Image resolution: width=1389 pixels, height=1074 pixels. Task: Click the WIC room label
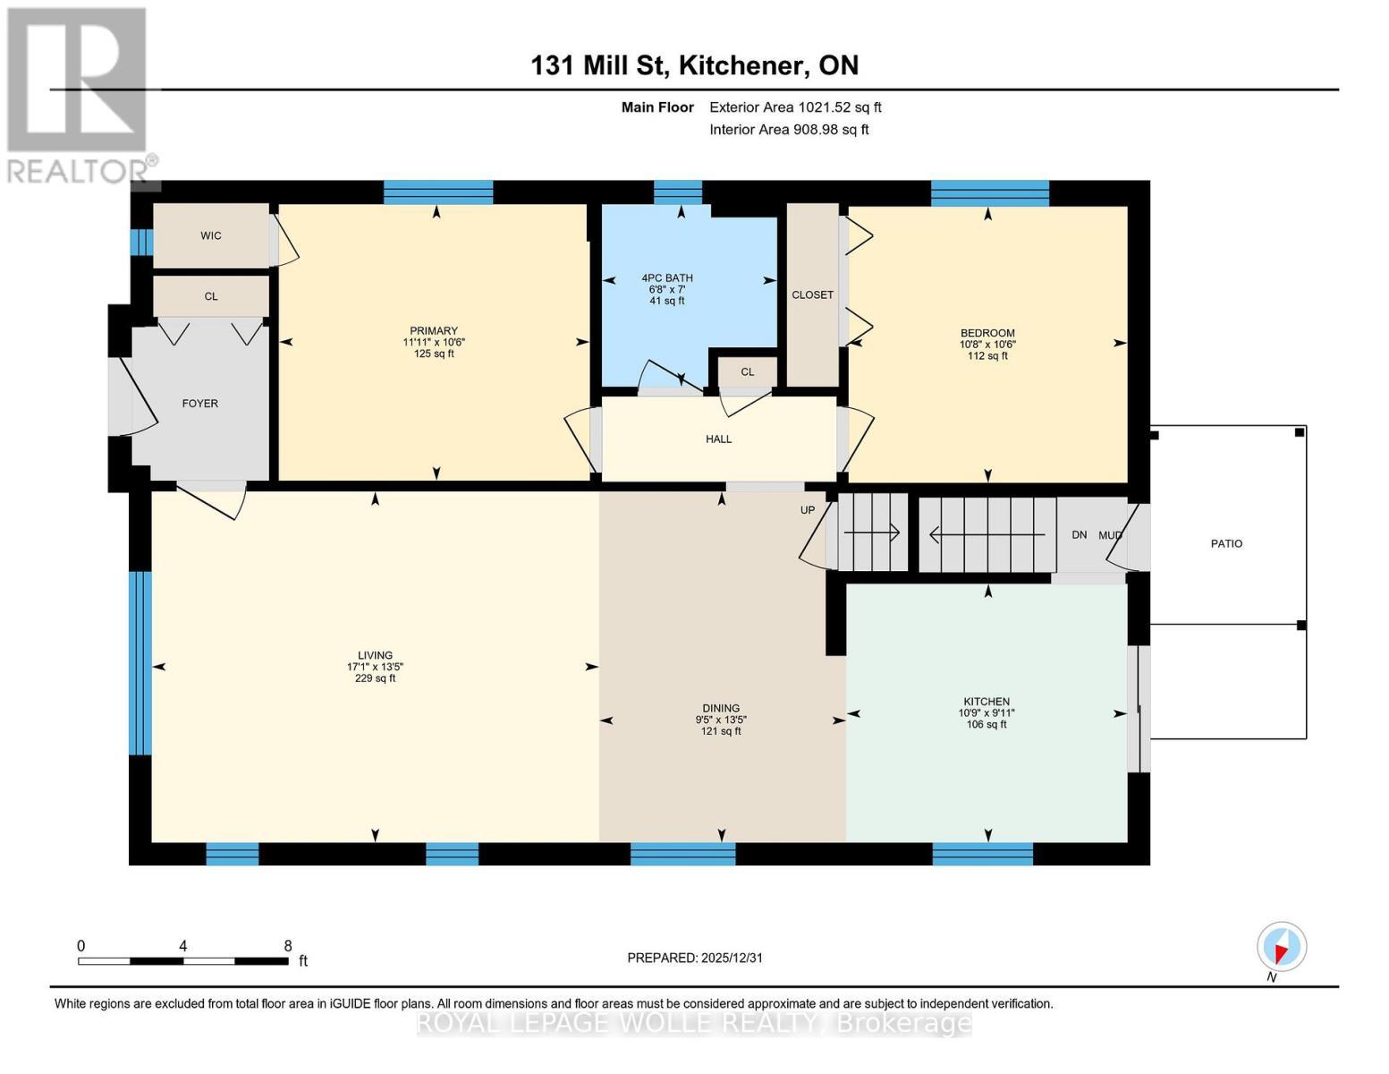(210, 235)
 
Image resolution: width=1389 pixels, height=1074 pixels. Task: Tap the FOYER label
(200, 403)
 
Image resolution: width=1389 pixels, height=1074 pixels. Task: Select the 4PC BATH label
(666, 277)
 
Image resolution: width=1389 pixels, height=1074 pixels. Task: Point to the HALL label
(718, 439)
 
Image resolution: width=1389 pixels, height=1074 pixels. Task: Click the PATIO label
(1226, 544)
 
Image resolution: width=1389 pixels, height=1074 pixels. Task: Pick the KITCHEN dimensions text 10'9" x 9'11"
(987, 712)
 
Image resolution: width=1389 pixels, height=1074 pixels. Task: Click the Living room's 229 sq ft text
(376, 678)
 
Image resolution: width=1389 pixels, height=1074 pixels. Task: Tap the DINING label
(721, 708)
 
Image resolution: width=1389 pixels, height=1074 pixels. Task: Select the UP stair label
(808, 510)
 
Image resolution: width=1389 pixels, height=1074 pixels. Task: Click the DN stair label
(1079, 534)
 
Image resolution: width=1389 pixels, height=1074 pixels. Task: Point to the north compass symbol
(1281, 947)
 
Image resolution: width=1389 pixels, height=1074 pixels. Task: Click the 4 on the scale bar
(182, 945)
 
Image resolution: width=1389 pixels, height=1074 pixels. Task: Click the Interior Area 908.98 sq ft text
(789, 129)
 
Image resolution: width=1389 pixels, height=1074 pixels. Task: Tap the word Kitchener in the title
(741, 65)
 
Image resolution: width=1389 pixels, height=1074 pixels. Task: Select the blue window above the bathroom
(678, 192)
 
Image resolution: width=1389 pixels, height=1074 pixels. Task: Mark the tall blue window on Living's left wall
(140, 662)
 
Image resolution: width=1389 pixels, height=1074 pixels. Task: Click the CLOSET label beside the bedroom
(812, 294)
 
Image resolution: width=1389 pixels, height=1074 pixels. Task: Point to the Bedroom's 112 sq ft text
(987, 355)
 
